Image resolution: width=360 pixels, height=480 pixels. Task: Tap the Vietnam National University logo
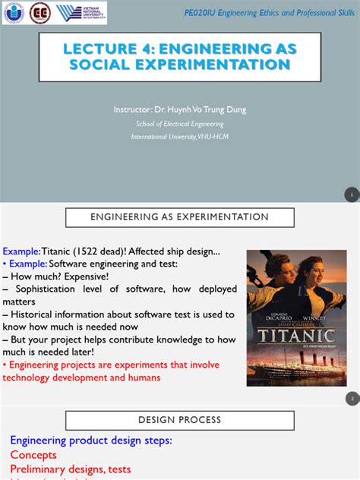point(79,13)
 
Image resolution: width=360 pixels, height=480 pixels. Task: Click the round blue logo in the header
point(15,13)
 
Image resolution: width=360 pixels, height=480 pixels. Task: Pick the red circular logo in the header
point(39,13)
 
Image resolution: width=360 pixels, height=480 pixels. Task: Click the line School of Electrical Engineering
point(180,124)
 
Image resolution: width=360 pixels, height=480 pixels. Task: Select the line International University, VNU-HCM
point(180,137)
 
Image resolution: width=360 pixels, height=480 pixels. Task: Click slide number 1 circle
point(351,195)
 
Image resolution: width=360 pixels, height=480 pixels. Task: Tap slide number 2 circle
point(351,399)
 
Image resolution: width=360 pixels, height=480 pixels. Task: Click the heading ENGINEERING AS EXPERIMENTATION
point(179,217)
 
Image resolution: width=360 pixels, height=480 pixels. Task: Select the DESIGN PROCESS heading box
point(179,420)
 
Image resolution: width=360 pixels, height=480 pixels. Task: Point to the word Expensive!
point(90,276)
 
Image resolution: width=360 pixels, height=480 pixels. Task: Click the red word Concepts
point(33,455)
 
